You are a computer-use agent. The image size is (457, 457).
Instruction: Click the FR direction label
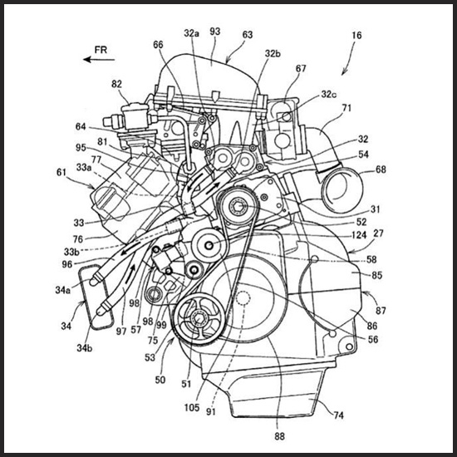pyautogui.click(x=101, y=50)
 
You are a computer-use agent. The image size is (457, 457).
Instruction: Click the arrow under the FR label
pyautogui.click(x=99, y=60)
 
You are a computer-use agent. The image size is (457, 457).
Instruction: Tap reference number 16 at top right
pyautogui.click(x=356, y=35)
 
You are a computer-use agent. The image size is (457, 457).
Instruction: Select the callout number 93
pyautogui.click(x=215, y=32)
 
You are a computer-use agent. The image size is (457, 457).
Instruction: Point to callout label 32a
pyautogui.click(x=191, y=33)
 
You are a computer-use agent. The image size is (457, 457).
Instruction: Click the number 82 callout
pyautogui.click(x=116, y=84)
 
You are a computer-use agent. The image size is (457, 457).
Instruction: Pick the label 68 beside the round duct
pyautogui.click(x=381, y=170)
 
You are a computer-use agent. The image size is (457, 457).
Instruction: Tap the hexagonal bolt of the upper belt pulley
pyautogui.click(x=238, y=207)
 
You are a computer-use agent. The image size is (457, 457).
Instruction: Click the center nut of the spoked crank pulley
pyautogui.click(x=199, y=319)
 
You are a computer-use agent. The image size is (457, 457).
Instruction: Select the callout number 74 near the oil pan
pyautogui.click(x=338, y=415)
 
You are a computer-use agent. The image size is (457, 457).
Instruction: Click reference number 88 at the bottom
pyautogui.click(x=279, y=436)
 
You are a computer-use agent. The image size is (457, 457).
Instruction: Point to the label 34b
pyautogui.click(x=85, y=347)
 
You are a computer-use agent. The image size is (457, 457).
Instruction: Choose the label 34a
pyautogui.click(x=62, y=290)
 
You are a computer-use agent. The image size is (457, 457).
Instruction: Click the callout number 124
pyautogui.click(x=358, y=235)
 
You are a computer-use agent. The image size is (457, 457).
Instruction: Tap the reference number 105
pyautogui.click(x=192, y=407)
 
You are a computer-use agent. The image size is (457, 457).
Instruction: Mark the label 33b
pyautogui.click(x=71, y=252)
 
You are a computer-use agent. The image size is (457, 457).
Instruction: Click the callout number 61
pyautogui.click(x=61, y=173)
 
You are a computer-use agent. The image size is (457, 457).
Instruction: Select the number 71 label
pyautogui.click(x=346, y=108)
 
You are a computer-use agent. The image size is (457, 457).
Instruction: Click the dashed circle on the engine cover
pyautogui.click(x=243, y=297)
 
